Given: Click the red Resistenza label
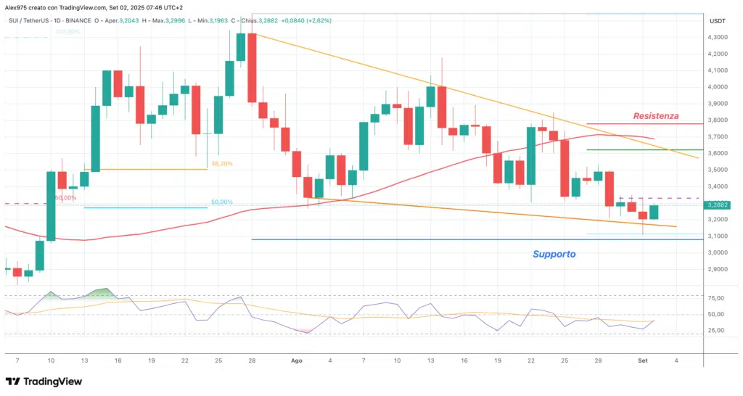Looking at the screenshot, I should [655, 116].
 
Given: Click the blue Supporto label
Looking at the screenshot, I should [554, 255].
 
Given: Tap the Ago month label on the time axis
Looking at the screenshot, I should [296, 360].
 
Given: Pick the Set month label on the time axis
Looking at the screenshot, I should [642, 360].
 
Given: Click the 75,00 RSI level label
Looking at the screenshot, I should [718, 298].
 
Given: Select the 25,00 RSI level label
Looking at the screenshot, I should [718, 330].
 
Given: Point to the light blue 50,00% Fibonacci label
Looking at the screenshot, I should [221, 202].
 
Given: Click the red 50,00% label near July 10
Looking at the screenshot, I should [66, 197].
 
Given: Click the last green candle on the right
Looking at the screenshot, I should [653, 212].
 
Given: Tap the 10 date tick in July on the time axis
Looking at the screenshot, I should [51, 360].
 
